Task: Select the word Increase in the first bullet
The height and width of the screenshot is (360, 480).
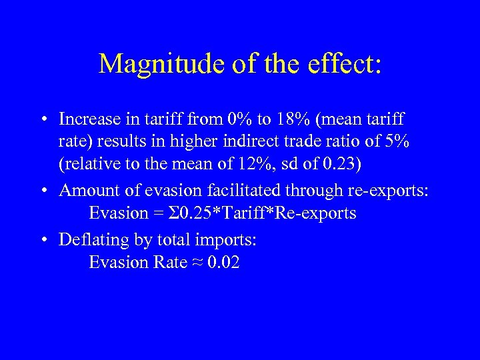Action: [85, 120]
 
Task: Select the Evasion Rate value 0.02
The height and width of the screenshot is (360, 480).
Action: [223, 263]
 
